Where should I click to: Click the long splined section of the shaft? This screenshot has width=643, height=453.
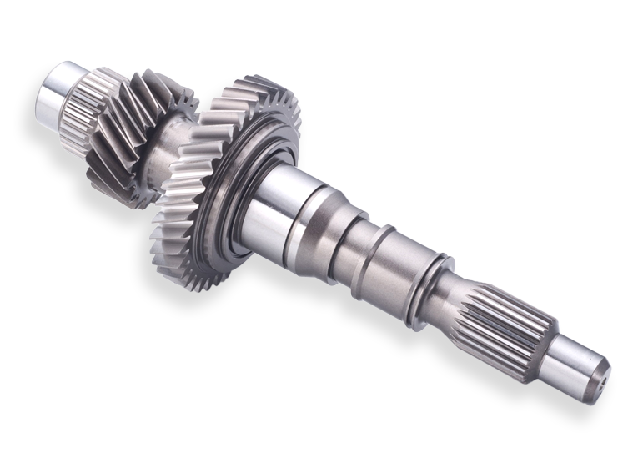pyautogui.click(x=500, y=317)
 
